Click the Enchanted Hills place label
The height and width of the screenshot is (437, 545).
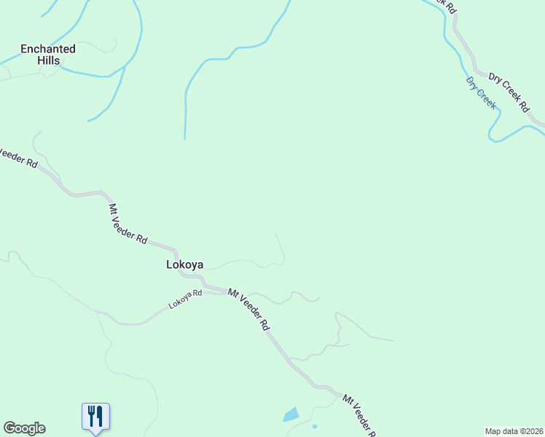click(x=48, y=55)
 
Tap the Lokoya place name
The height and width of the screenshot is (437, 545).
click(x=185, y=265)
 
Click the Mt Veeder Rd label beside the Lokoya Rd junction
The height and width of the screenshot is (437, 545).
click(x=248, y=310)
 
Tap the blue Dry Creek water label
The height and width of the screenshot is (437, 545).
click(x=481, y=93)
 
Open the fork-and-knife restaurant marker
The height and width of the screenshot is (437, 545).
click(x=95, y=417)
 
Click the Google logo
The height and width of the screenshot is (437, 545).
click(x=24, y=428)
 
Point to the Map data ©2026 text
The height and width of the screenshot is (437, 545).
click(x=514, y=431)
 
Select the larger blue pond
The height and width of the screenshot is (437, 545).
click(x=291, y=415)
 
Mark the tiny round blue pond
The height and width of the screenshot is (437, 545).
click(x=315, y=426)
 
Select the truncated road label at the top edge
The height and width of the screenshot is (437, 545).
click(x=442, y=5)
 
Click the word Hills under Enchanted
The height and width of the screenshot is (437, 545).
click(x=49, y=61)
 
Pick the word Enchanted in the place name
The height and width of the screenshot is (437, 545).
click(x=48, y=49)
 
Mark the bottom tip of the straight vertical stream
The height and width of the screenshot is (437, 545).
click(x=185, y=138)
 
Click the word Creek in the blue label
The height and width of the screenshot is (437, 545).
click(x=487, y=98)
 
